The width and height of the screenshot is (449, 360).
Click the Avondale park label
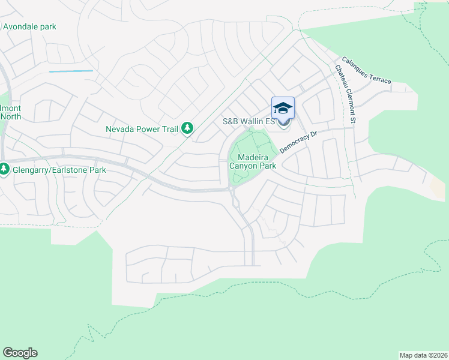click(30, 26)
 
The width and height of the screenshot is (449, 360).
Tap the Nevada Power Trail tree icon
click(188, 128)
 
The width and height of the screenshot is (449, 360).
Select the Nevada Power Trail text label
click(143, 128)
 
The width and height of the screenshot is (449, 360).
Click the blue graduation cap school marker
click(283, 107)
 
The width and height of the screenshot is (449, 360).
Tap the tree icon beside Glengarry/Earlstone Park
click(4, 170)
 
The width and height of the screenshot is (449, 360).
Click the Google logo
click(20, 353)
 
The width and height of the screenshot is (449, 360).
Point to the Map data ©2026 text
click(423, 355)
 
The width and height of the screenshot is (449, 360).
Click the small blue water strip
click(71, 71)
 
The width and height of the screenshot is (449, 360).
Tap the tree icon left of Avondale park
click(1, 26)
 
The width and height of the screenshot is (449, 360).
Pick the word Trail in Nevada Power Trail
click(170, 128)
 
